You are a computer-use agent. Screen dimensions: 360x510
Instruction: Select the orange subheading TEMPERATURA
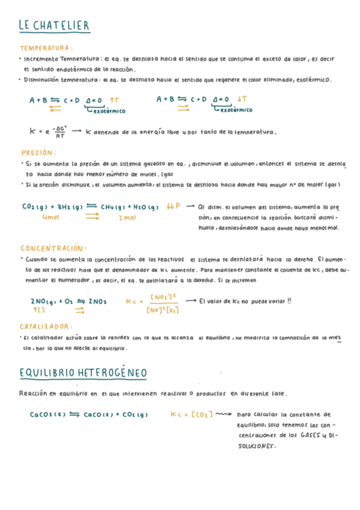pyautogui.click(x=46, y=48)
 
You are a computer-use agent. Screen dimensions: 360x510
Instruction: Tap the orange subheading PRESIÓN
pyautogui.click(x=38, y=153)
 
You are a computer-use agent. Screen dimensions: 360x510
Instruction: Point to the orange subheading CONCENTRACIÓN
pyautogui.click(x=53, y=248)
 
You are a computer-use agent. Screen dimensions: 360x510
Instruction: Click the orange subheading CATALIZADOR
pyautogui.click(x=46, y=327)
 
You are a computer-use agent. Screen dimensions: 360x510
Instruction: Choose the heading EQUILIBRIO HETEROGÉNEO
pyautogui.click(x=83, y=373)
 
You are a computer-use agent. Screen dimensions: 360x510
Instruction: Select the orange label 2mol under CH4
pyautogui.click(x=127, y=218)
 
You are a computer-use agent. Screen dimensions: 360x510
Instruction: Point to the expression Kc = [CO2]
pyautogui.click(x=191, y=414)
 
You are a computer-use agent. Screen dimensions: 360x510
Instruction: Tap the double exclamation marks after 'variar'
pyautogui.click(x=288, y=301)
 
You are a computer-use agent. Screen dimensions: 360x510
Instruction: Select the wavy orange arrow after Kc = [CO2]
pyautogui.click(x=224, y=414)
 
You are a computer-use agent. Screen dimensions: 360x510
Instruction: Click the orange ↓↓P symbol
pyautogui.click(x=174, y=206)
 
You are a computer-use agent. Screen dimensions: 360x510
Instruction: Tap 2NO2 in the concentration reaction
pyautogui.click(x=97, y=301)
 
